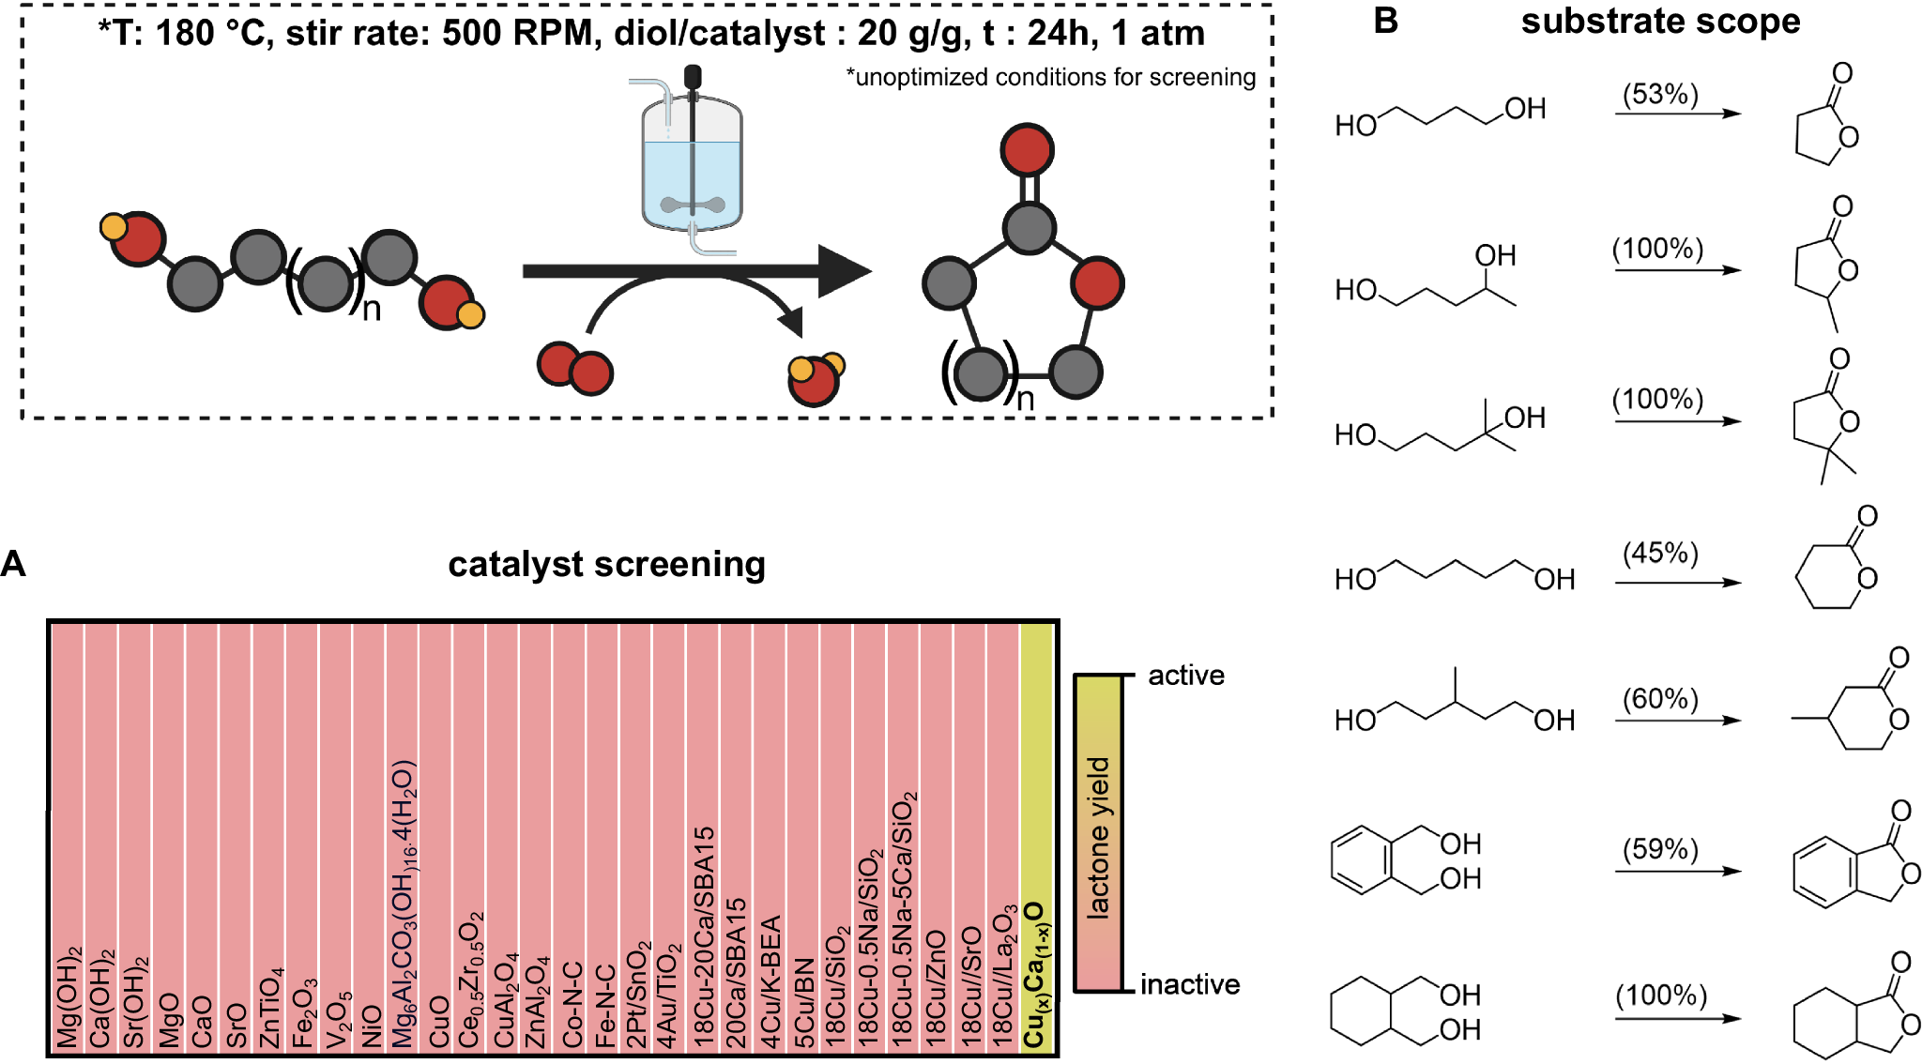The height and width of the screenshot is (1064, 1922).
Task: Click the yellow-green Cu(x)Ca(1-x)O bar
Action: [x=1036, y=835]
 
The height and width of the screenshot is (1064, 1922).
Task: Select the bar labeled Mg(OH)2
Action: [x=67, y=835]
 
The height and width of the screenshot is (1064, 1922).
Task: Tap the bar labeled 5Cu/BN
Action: [x=803, y=835]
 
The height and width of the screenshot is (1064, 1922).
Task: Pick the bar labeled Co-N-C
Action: [x=570, y=835]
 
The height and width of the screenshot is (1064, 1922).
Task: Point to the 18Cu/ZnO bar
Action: [x=936, y=835]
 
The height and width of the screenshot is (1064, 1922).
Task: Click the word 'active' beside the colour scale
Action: [x=1186, y=676]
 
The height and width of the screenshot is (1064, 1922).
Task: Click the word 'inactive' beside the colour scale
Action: [x=1190, y=984]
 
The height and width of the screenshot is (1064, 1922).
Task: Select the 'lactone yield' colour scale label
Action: [x=1098, y=835]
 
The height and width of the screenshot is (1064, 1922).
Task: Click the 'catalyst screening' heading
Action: [x=606, y=565]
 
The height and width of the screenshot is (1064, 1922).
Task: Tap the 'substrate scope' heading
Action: [x=1660, y=21]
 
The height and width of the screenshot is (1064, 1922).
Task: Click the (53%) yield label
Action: [x=1660, y=94]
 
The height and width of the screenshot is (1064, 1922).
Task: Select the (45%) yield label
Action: [x=1660, y=553]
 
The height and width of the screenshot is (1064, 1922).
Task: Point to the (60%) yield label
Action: [x=1660, y=699]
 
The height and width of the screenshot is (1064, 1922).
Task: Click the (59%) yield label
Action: [x=1660, y=849]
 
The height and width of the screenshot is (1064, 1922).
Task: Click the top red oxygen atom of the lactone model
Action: [x=1028, y=150]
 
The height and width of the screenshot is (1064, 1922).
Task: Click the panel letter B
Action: [x=1385, y=21]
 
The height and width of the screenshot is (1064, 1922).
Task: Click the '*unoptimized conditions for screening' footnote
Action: [x=1050, y=77]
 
